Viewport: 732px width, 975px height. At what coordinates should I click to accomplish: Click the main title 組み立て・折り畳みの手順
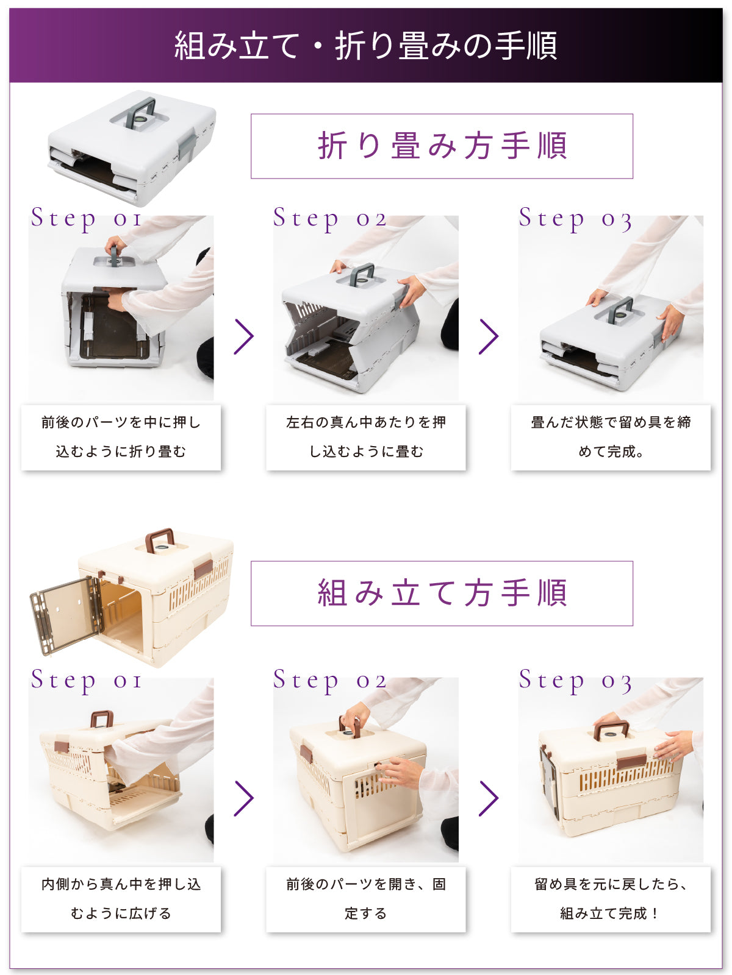365,45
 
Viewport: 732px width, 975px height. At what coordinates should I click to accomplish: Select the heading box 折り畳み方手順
441,146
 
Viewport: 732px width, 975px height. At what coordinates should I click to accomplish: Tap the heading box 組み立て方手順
441,593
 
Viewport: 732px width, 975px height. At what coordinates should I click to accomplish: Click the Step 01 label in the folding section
86,219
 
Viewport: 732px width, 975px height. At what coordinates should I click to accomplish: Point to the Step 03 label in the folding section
575,219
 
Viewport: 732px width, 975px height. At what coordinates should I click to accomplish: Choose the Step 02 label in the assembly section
330,681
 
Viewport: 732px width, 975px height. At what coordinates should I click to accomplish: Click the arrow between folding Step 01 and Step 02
243,336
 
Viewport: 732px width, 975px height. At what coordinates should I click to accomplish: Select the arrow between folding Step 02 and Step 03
489,336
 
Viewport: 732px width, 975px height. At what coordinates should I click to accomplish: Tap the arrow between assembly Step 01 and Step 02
243,798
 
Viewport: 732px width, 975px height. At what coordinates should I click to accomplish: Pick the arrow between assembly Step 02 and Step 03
489,798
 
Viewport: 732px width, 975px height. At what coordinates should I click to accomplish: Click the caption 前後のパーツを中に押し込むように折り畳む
121,437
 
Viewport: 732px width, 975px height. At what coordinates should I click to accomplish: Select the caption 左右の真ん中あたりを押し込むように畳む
366,437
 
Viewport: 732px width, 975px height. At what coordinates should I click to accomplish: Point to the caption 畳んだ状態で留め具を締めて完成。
611,437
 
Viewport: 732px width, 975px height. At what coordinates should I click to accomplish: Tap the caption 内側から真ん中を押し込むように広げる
121,899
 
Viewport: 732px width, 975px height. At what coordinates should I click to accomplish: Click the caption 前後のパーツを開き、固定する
366,899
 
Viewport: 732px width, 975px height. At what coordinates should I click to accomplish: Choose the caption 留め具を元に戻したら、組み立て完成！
611,899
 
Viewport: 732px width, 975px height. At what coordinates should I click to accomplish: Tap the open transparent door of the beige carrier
66,615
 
